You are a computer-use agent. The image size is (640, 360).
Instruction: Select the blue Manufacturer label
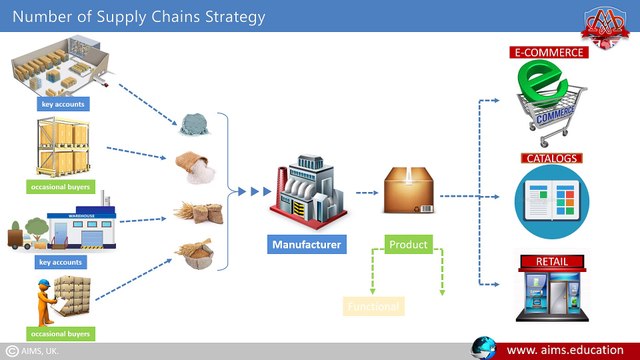[308, 243]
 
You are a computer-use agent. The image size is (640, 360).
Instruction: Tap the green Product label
[408, 244]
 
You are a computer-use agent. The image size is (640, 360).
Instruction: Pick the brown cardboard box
[409, 187]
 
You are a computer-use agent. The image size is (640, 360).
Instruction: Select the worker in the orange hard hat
[46, 298]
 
